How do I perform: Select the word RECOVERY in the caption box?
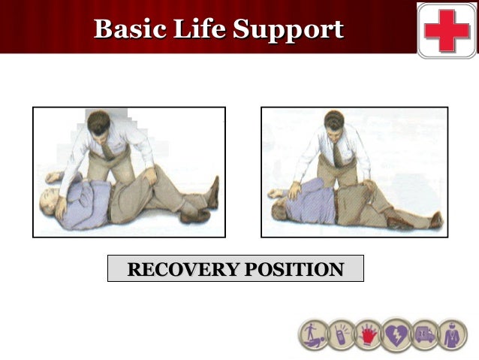pos(179,269)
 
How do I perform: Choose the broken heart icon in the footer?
pos(395,335)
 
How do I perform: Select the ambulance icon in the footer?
pos(425,335)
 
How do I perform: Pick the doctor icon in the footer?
pos(452,335)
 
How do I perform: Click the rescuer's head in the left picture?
pos(98,123)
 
